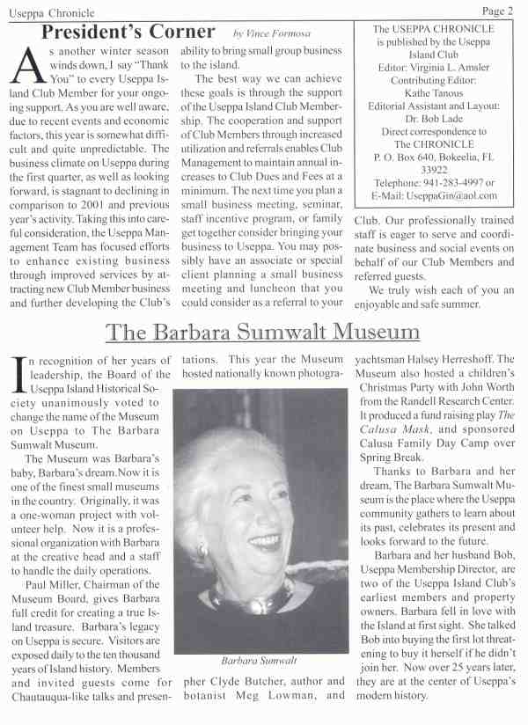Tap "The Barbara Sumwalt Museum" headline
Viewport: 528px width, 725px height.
click(262, 332)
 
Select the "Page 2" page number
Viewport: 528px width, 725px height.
click(497, 11)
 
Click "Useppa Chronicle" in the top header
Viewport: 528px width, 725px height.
click(49, 11)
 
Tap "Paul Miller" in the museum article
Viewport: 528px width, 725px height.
click(54, 584)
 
